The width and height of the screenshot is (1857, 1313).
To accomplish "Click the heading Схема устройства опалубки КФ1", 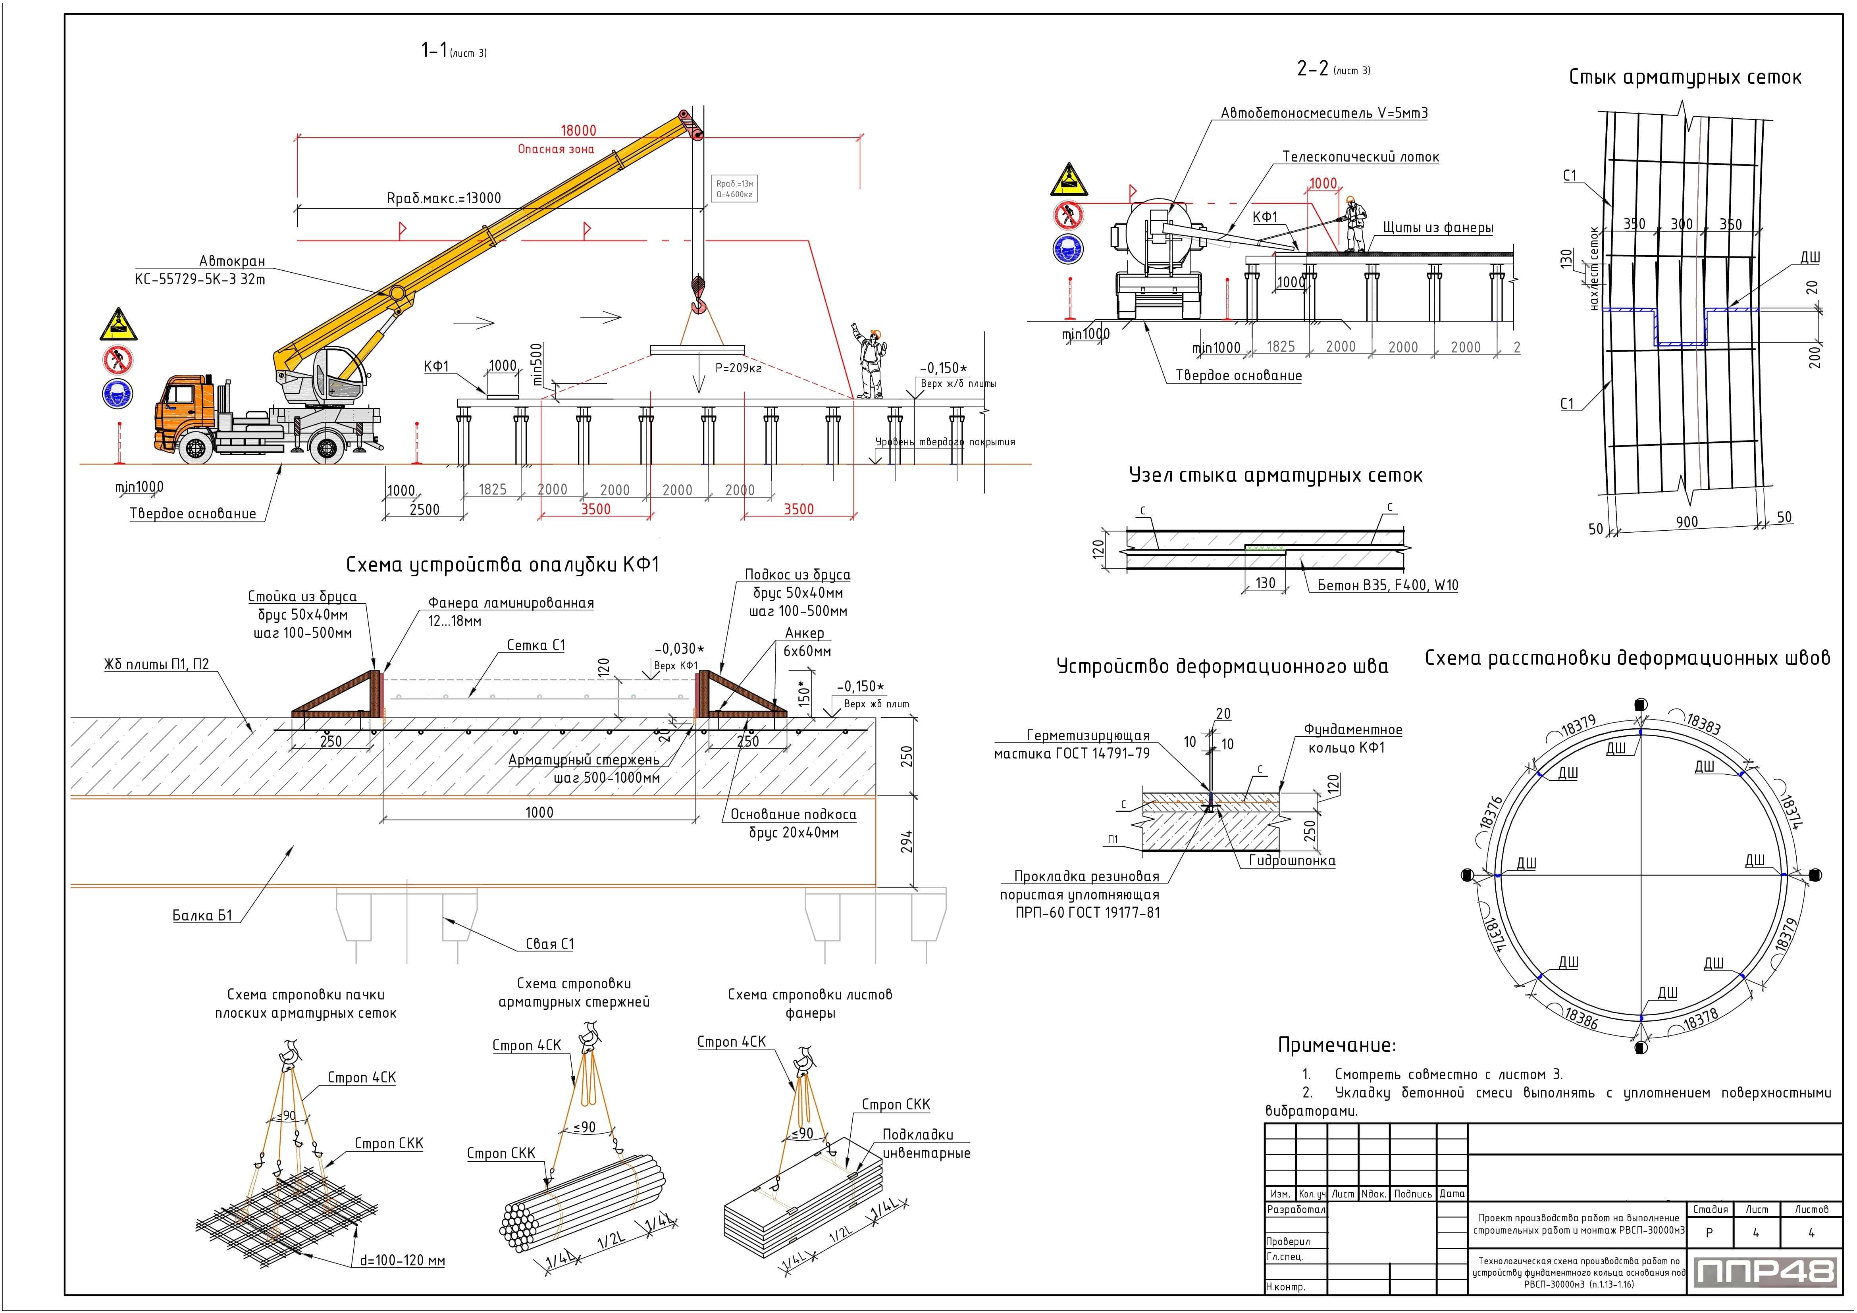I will (502, 564).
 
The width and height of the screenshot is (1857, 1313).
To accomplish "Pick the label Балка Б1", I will (202, 915).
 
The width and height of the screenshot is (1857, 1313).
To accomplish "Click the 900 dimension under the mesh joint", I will (1686, 522).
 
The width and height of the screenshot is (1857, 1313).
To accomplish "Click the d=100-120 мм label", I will (402, 1261).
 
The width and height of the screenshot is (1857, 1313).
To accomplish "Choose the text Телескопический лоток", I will (1360, 157).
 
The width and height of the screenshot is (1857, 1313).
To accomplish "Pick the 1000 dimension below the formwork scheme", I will (539, 812).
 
